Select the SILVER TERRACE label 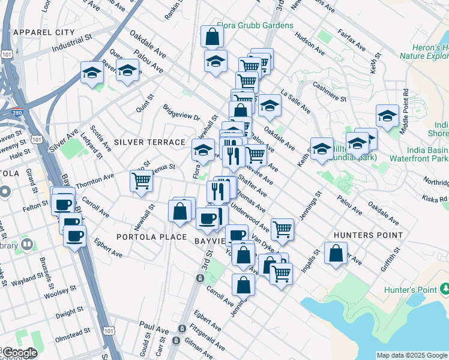(x=149, y=142)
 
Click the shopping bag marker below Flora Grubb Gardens (x=212, y=37)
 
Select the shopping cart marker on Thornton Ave (x=142, y=180)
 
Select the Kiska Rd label (x=436, y=199)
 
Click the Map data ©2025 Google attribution (x=412, y=355)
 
